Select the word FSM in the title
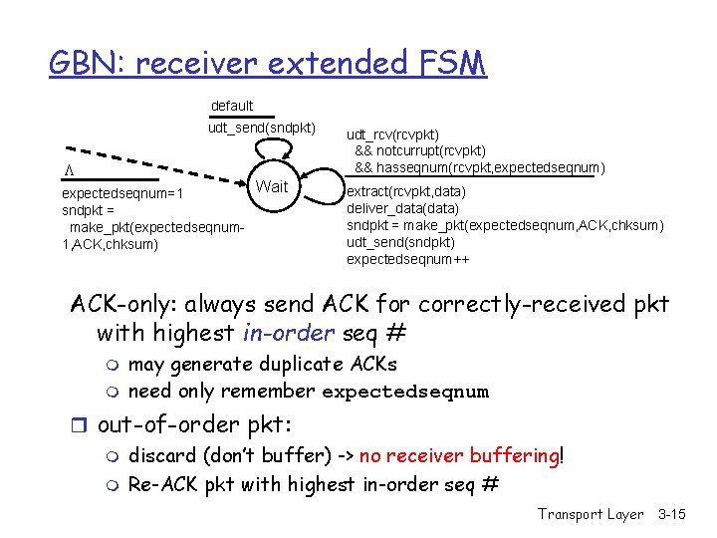[447, 63]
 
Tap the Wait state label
[272, 186]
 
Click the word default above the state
[232, 106]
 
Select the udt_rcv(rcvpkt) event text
[392, 134]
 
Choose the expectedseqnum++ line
[408, 259]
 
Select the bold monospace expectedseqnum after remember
[405, 392]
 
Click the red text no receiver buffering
[459, 457]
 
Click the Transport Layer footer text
[591, 514]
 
